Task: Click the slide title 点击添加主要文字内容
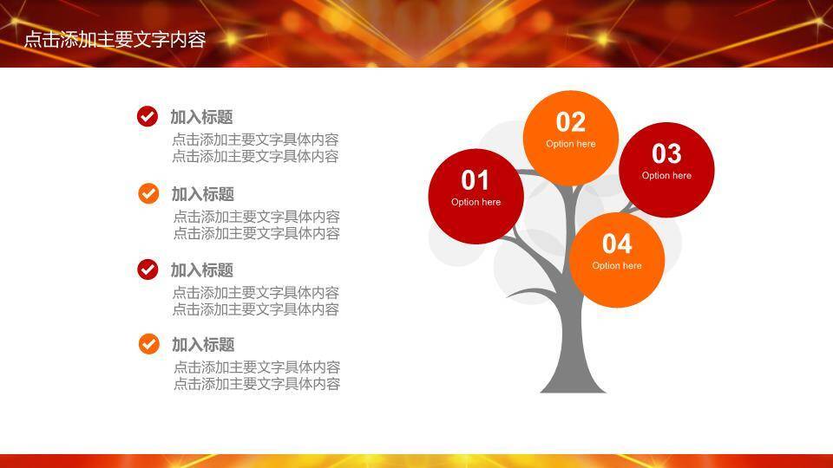115,39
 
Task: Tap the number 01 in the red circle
475,180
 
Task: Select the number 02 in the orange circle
570,122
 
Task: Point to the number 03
666,153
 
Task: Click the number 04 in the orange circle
617,244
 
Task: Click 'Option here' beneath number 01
476,202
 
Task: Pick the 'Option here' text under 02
570,144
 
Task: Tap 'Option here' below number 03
666,176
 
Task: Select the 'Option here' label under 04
617,266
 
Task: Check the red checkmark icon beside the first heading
148,117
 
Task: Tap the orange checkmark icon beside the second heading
148,193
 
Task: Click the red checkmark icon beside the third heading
148,270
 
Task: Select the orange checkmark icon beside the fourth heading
148,344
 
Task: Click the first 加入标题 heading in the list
201,117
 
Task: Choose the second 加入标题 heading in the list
202,194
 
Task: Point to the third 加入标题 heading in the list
201,270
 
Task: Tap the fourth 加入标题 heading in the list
202,345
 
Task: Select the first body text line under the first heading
255,140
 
